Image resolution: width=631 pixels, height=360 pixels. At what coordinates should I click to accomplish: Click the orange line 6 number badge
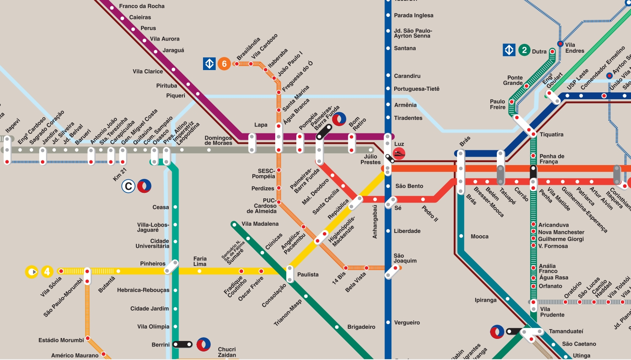[224, 64]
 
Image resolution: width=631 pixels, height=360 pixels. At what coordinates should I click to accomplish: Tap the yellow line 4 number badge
[47, 272]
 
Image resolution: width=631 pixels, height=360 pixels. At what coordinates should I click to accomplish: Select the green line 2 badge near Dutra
[524, 50]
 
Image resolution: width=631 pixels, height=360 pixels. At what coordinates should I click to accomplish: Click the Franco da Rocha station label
[141, 6]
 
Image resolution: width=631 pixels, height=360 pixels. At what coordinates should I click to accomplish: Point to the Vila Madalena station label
[260, 224]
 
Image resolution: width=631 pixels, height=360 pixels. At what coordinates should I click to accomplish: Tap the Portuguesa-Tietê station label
[416, 89]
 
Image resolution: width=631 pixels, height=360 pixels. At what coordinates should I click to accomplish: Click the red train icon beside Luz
[399, 154]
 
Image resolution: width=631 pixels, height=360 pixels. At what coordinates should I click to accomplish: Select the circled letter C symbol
[128, 186]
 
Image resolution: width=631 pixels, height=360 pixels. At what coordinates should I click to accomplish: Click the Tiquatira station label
[551, 135]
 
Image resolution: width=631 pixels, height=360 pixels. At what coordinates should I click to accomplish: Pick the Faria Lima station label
[200, 261]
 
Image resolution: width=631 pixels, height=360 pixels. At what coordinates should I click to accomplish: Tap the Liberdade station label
[407, 231]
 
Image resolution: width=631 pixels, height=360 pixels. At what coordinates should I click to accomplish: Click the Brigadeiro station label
[361, 327]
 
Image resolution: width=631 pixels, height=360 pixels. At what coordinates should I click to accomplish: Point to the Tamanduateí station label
[566, 331]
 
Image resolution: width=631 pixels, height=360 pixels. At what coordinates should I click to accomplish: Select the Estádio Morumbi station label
[61, 340]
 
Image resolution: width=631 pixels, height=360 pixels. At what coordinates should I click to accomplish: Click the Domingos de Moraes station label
[218, 141]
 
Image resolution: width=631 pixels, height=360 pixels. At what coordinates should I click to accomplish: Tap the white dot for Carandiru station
[388, 76]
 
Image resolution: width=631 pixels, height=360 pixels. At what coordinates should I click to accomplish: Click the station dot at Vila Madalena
[233, 224]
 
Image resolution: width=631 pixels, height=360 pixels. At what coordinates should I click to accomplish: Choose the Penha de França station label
[552, 159]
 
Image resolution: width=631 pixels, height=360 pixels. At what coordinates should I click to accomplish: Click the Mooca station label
[479, 237]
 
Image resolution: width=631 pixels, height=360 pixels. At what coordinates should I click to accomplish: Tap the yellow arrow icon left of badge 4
[32, 272]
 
